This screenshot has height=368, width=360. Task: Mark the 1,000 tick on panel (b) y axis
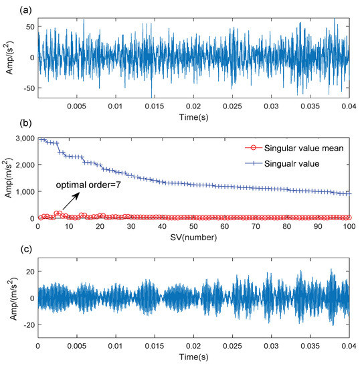pos(22,191)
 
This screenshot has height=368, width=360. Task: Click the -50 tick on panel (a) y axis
pos(27,88)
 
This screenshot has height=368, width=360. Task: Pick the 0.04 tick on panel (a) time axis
pos(348,106)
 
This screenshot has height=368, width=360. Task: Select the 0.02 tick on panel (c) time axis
pos(193,348)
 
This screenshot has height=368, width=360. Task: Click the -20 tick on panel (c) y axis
pos(27,325)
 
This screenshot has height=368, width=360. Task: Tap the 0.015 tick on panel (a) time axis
pos(155,106)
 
